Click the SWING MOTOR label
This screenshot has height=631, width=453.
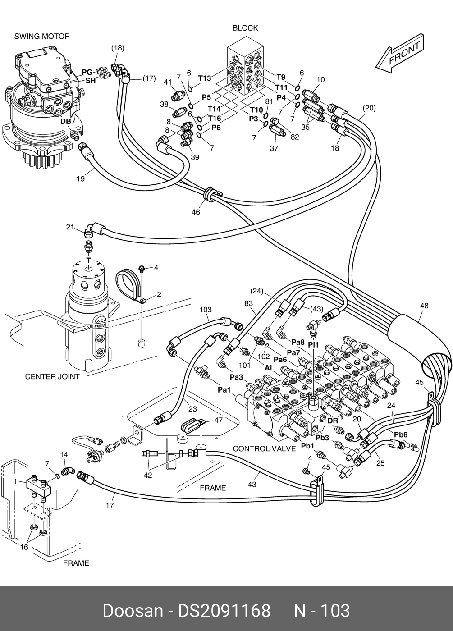42,36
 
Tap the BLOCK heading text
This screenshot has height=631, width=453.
245,28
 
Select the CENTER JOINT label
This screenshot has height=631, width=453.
52,376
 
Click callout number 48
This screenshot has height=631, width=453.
424,306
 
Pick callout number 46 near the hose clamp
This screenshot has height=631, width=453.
196,212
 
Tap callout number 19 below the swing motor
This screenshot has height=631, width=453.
80,179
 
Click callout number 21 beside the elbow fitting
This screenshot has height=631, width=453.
70,227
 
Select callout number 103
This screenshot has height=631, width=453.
206,310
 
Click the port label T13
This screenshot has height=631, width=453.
204,78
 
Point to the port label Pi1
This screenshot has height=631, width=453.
313,344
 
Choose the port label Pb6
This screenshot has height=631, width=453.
401,434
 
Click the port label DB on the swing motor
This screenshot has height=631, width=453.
65,121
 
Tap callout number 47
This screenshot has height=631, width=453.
218,420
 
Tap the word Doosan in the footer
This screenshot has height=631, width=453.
133,611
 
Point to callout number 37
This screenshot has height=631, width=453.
274,148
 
